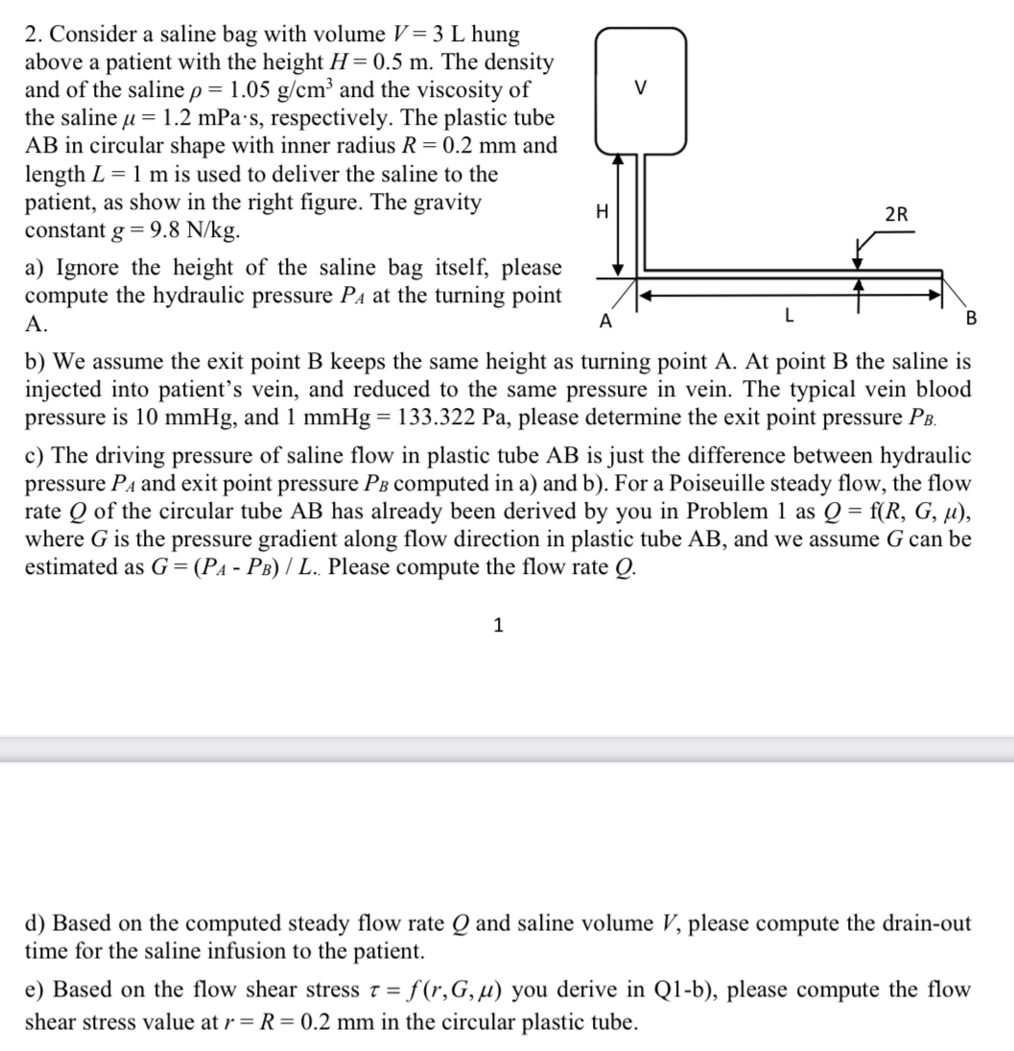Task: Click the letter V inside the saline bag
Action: (x=641, y=89)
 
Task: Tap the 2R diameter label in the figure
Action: (x=897, y=215)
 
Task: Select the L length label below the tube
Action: (x=788, y=314)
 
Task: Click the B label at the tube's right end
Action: (x=970, y=319)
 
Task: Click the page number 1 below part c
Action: (x=497, y=626)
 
